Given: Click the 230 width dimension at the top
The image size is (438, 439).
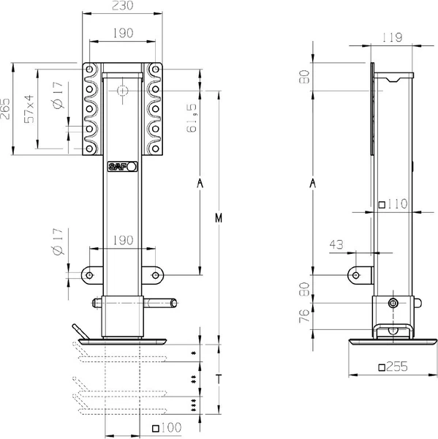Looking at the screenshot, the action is (123, 5).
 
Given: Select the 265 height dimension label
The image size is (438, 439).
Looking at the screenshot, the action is (5, 108).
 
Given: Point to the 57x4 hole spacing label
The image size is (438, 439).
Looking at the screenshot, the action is (29, 109).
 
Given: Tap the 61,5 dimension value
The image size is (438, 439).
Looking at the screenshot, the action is (192, 118).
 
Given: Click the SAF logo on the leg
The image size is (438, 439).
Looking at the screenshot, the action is (123, 167).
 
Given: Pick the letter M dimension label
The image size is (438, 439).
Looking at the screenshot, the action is (219, 218).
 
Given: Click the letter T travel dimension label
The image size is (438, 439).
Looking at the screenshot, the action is (219, 379).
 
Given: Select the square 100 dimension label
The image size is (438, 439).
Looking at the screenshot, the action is (167, 427).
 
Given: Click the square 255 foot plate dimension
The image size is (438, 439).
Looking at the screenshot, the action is (393, 367).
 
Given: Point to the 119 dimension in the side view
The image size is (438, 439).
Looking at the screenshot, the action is (392, 37).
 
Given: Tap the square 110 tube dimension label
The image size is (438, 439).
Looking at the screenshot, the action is (393, 204).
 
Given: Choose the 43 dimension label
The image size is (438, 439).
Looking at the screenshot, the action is (336, 244).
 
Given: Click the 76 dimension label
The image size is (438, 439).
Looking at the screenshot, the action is (304, 316).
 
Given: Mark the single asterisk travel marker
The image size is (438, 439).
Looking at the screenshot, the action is (193, 353).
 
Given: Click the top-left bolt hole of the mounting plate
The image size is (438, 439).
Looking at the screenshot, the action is (89, 70).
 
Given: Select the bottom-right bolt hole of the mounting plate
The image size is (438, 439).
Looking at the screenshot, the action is (155, 149).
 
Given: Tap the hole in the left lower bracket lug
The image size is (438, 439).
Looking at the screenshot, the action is (89, 275).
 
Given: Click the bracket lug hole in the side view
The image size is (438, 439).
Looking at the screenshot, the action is (356, 275).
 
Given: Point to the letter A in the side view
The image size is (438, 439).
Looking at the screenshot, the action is (313, 184).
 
